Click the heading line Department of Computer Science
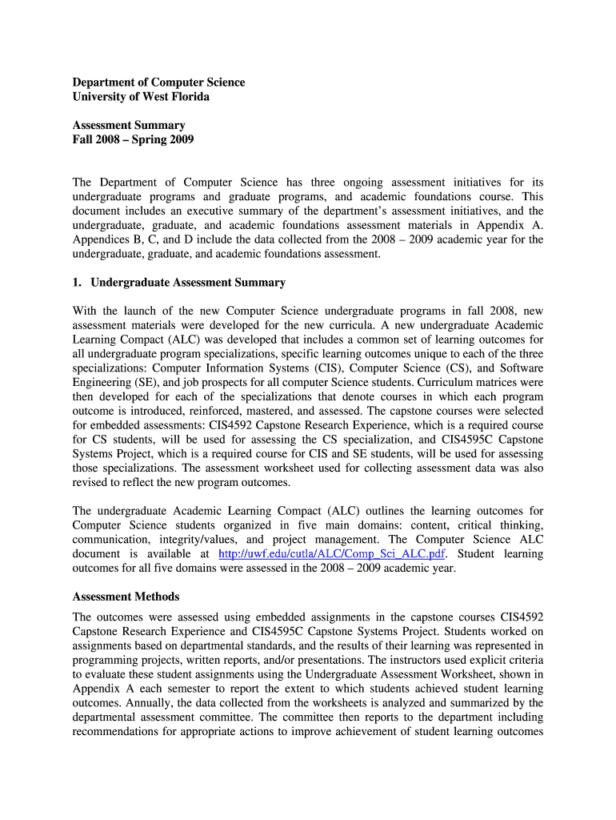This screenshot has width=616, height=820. coord(158,82)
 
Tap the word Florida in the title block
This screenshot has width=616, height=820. coord(189,97)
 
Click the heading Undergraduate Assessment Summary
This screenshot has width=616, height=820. coord(188,283)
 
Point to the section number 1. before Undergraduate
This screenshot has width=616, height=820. coord(78,283)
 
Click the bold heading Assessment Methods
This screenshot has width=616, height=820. coord(126,597)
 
